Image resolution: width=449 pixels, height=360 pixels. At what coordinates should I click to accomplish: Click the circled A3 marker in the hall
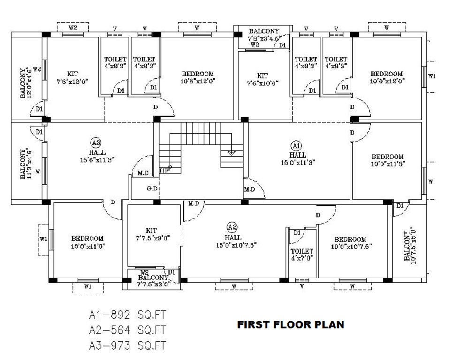96,142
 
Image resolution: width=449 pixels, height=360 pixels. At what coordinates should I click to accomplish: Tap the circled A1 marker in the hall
297,145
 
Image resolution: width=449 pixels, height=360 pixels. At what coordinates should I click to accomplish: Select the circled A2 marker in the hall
232,227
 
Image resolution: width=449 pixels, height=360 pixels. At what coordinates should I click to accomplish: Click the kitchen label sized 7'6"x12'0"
72,77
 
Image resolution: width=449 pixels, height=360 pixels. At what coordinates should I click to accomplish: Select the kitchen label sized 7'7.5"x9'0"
151,234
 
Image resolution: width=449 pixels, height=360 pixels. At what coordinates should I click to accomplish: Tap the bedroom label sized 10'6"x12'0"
198,77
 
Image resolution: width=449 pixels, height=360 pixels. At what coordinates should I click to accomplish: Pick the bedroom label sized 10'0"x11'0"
87,242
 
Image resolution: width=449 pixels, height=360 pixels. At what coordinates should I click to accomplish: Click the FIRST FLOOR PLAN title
290,324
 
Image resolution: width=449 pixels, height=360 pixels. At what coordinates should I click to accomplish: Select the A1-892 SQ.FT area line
128,314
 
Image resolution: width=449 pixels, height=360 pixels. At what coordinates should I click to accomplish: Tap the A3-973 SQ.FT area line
128,346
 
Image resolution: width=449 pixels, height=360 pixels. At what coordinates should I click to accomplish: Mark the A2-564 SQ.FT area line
128,330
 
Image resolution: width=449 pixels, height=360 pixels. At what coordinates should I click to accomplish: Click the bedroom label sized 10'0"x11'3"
388,160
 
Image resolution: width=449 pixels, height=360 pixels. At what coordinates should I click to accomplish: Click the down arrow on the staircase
231,152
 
